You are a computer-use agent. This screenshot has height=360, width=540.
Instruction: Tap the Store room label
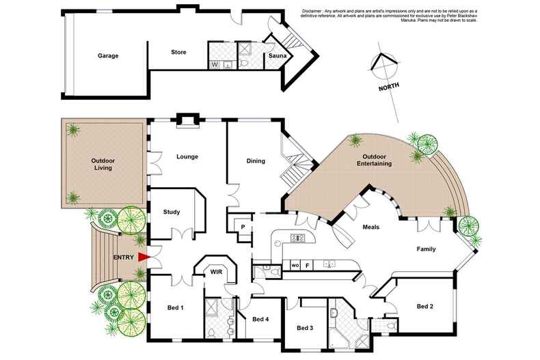click(x=178, y=52)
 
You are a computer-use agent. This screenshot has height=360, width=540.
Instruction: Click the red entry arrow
click(x=144, y=257)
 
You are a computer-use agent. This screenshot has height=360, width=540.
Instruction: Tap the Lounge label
click(x=187, y=156)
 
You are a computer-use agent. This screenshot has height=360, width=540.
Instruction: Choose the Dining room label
click(x=256, y=161)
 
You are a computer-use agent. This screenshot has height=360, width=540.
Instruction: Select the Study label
click(x=172, y=212)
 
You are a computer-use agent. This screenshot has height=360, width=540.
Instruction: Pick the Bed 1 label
click(x=176, y=308)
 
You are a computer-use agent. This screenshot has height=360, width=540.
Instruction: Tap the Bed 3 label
click(x=305, y=328)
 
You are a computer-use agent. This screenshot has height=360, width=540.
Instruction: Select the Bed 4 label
click(x=260, y=318)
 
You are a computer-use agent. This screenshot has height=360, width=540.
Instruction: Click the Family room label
click(x=427, y=249)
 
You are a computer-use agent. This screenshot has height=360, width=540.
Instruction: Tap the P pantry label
click(x=243, y=227)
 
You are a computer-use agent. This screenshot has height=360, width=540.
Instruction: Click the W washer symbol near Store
click(x=215, y=65)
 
